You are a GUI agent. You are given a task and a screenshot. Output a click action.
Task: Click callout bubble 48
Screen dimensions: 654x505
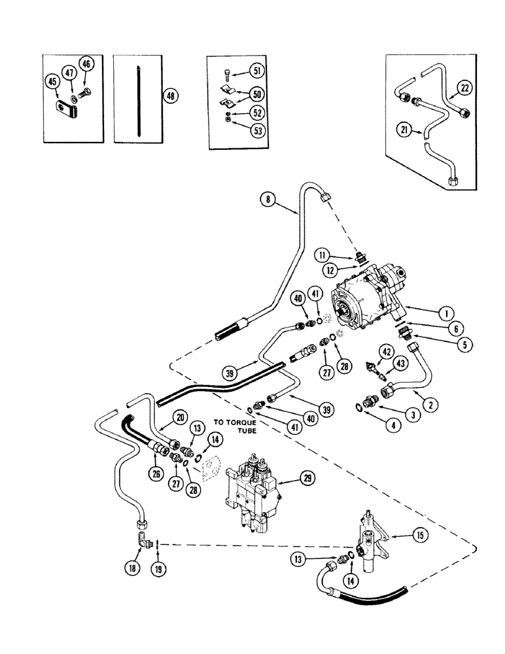coord(171,95)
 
